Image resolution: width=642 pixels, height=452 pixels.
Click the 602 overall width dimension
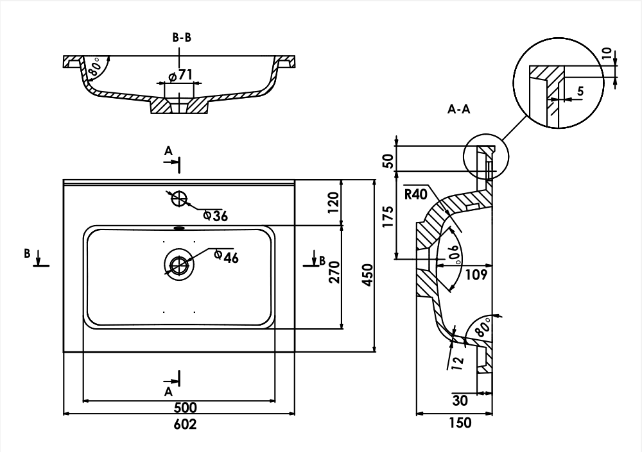185,424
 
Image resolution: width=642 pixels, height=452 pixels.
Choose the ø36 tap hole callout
215,216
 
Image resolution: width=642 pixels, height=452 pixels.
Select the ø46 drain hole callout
227,257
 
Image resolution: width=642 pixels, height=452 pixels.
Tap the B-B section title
182,38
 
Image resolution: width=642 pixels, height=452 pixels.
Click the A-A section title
459,109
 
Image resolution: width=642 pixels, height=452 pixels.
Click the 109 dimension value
475,274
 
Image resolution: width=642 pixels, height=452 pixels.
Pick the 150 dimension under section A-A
460,423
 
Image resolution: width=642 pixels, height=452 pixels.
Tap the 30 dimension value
460,401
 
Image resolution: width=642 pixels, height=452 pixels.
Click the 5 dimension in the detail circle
580,92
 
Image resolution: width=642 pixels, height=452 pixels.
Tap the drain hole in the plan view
179,264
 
